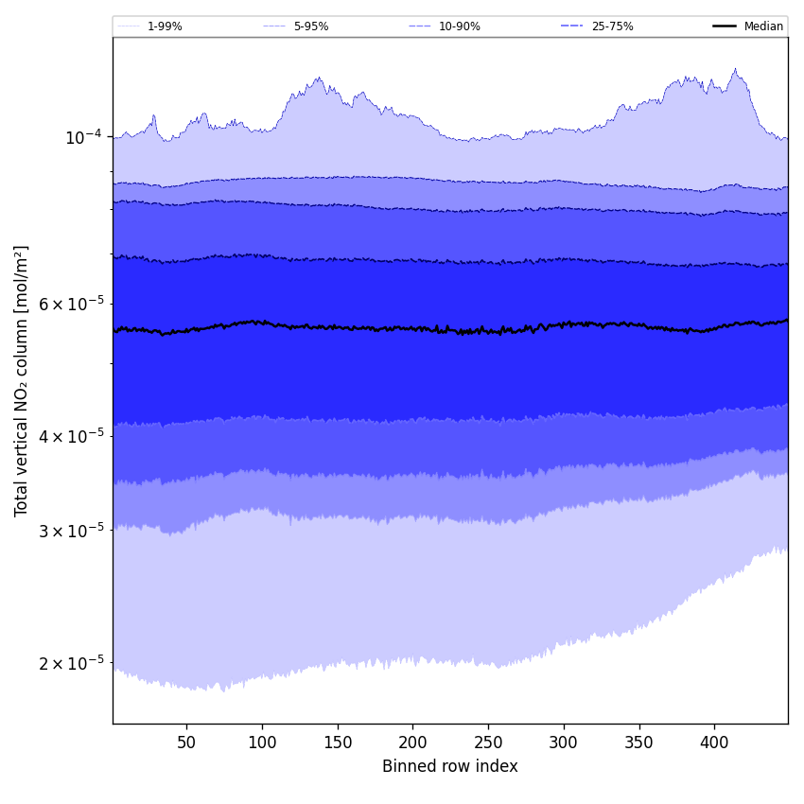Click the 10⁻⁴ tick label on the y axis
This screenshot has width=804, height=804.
click(x=83, y=137)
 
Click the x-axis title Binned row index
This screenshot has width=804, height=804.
click(x=450, y=766)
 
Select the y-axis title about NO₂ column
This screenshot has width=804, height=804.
click(x=22, y=380)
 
